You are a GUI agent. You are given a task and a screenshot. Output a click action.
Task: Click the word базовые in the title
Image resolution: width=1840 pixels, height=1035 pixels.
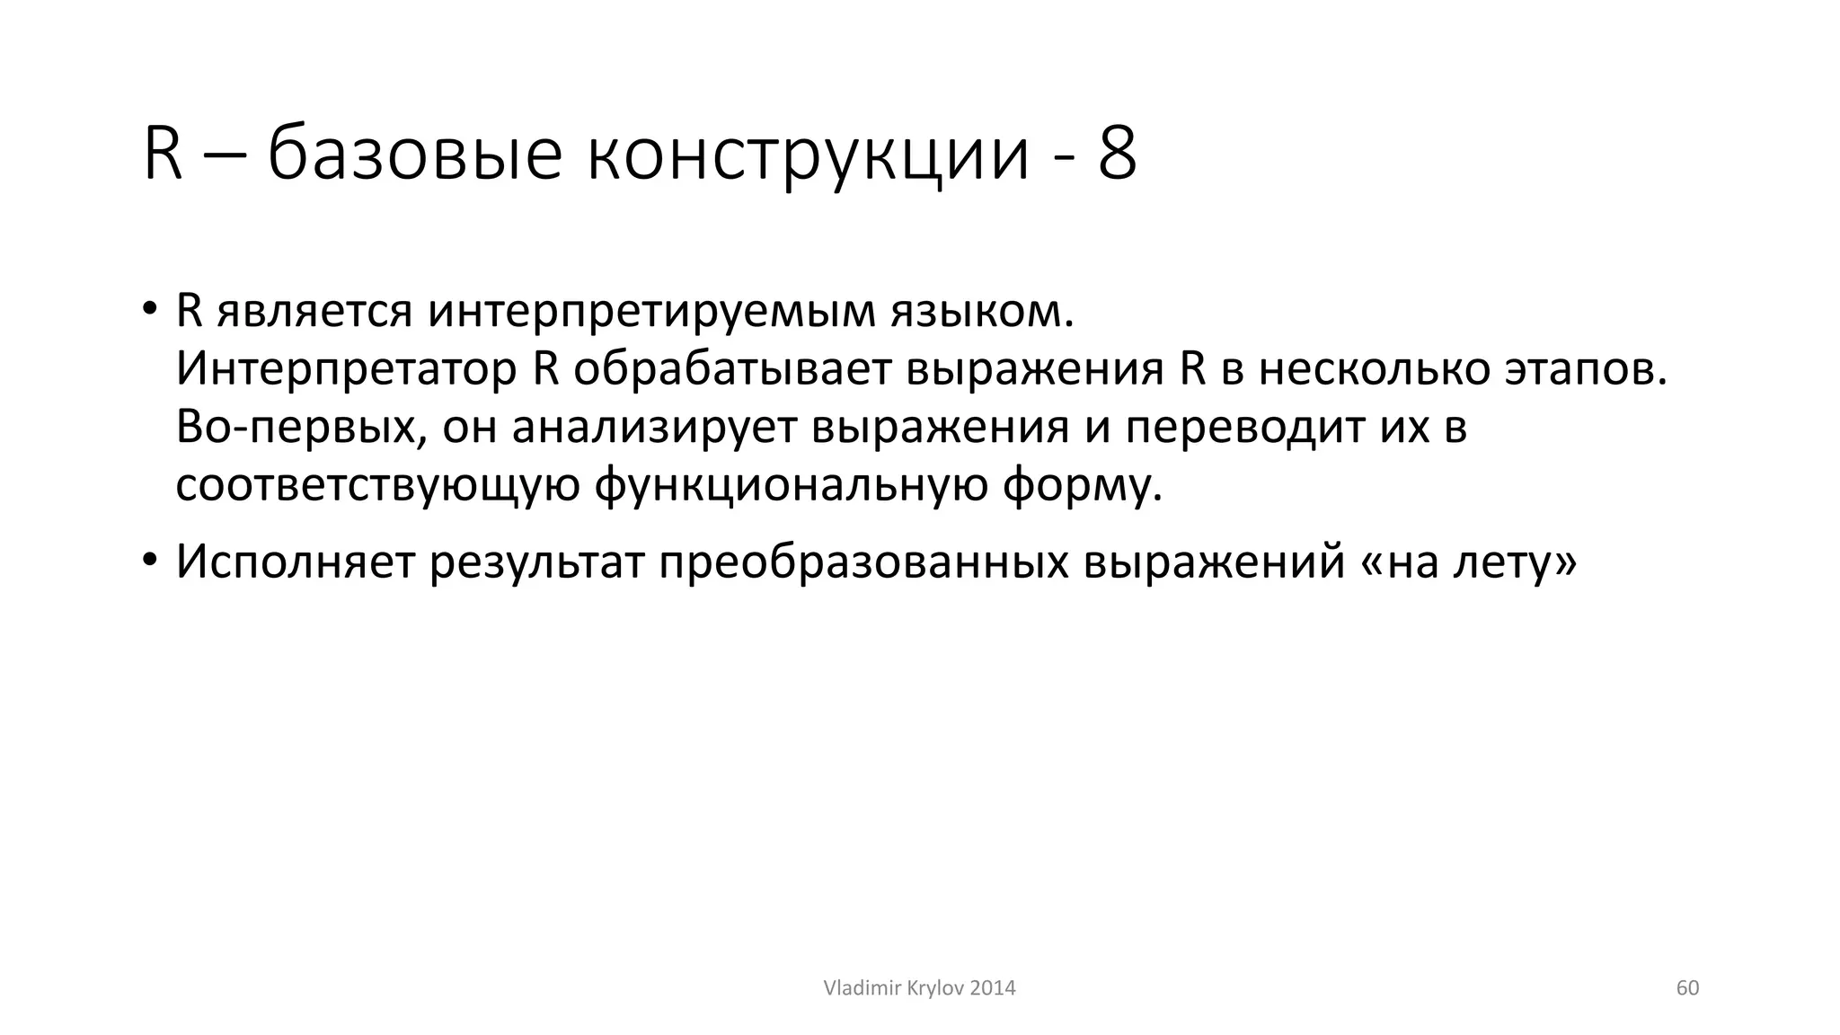tap(415, 155)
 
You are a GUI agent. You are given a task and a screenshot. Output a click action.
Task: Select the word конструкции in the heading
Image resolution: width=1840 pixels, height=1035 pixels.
tap(808, 155)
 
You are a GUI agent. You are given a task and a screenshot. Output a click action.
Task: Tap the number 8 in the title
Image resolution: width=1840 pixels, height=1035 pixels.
tap(1117, 155)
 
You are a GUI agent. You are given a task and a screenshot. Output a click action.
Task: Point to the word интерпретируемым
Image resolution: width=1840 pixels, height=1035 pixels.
tap(651, 312)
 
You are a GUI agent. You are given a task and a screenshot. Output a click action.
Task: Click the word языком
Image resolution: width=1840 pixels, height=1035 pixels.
tap(982, 312)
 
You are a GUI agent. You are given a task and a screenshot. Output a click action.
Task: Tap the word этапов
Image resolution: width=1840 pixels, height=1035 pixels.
tap(1586, 369)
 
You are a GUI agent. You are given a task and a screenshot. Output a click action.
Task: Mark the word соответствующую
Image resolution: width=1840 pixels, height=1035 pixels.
tap(377, 486)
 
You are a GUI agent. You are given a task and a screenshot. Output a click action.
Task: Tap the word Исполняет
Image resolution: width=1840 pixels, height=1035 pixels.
tap(295, 562)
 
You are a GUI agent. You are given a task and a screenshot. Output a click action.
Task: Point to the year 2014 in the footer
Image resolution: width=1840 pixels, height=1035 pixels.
tap(993, 988)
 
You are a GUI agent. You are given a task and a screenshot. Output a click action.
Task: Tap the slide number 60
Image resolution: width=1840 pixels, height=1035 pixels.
tap(1687, 988)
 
